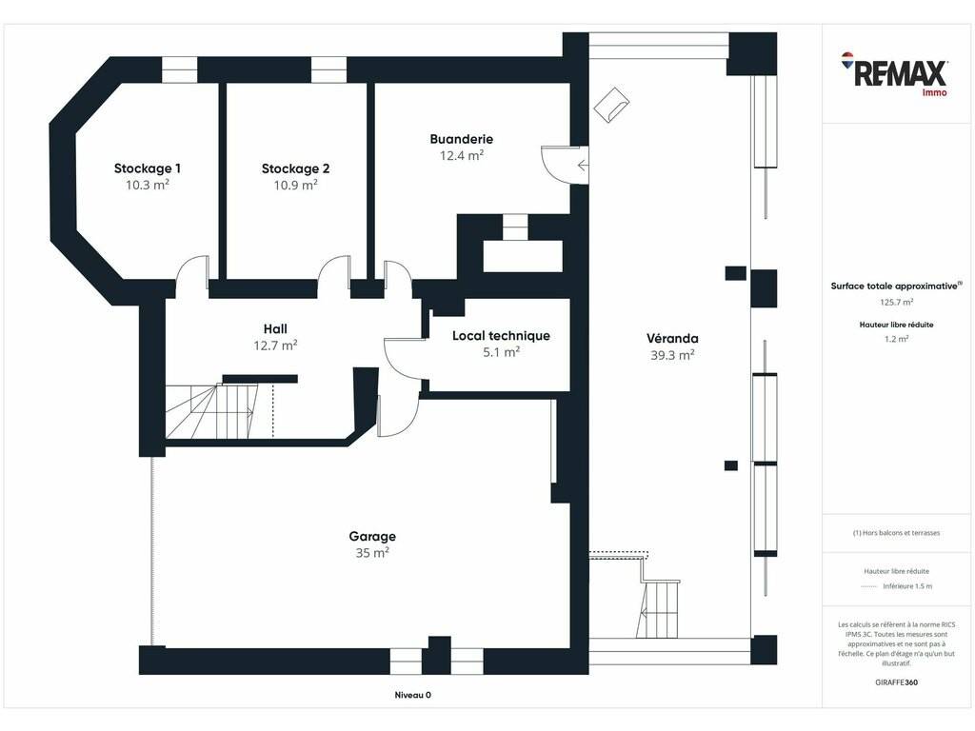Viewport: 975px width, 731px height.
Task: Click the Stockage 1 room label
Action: [148, 168]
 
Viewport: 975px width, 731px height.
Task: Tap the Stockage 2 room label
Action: [295, 168]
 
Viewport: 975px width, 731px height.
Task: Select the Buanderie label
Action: [462, 139]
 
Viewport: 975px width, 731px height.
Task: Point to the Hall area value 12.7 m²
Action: [275, 345]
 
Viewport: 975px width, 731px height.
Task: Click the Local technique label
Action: [501, 336]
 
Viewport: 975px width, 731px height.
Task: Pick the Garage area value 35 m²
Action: [372, 553]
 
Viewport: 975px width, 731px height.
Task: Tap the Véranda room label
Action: [672, 339]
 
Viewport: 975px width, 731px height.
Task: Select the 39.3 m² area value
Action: [672, 355]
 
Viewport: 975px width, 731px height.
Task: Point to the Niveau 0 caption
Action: [413, 695]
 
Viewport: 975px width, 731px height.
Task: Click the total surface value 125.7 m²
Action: [896, 302]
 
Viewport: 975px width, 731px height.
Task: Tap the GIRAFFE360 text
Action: [896, 682]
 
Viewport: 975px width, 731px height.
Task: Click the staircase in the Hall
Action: [211, 411]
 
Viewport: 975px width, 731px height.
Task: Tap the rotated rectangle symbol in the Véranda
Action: [611, 105]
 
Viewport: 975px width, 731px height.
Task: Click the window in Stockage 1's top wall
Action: [180, 69]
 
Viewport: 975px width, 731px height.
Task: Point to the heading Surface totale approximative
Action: [896, 286]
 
